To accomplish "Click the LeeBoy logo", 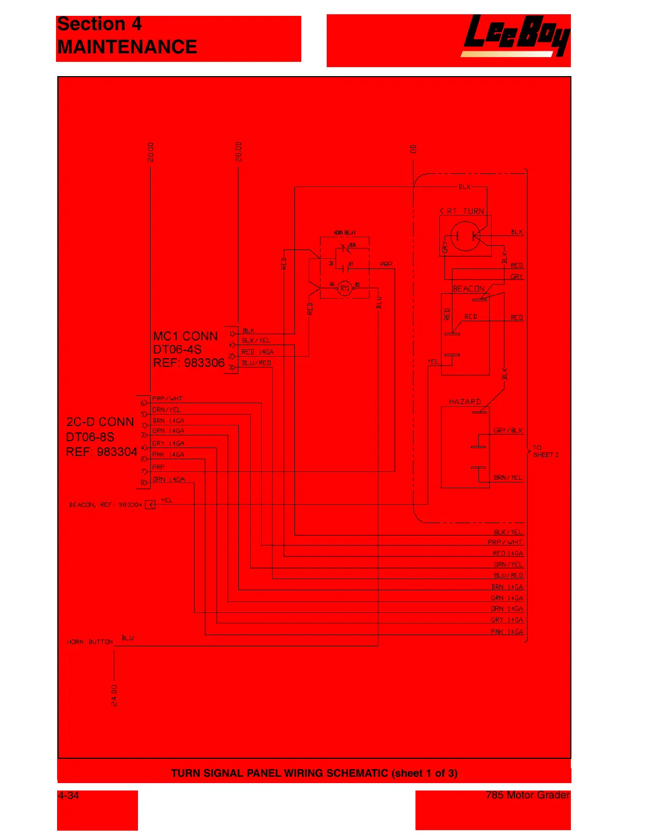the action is [515, 35].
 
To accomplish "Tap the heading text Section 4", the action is [99, 24].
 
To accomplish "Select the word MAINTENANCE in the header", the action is [127, 47].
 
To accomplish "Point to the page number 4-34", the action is [68, 795].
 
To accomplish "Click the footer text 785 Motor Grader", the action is [528, 795].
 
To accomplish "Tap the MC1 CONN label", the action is [185, 336].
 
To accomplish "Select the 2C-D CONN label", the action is [100, 422].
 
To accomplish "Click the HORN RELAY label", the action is [345, 232].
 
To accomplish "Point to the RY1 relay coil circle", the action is [345, 288].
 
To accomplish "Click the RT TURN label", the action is [465, 211].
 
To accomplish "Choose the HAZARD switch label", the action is [465, 402].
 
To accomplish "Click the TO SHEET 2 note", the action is [545, 451].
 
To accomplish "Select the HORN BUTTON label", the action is [90, 642].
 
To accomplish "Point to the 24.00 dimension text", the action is [114, 695].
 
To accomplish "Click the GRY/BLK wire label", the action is [507, 430].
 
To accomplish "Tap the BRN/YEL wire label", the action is [507, 477].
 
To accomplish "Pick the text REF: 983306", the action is [189, 363].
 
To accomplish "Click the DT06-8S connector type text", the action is [90, 437].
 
